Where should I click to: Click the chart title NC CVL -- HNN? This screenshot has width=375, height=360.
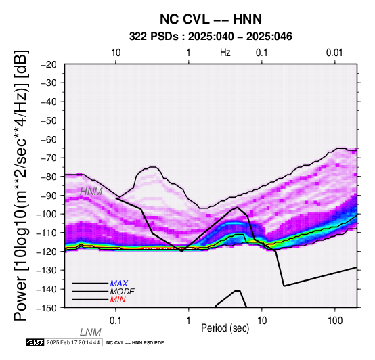coord(211,19)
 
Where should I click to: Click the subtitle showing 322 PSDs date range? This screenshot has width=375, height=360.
coord(211,37)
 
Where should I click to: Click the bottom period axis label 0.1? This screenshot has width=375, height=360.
coord(116,321)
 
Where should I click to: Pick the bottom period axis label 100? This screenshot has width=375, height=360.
coord(335,321)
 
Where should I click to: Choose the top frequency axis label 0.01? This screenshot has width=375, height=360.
coord(334,53)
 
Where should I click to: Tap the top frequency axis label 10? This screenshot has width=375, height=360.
coord(116,53)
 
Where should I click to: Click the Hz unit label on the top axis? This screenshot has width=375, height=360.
coord(225,53)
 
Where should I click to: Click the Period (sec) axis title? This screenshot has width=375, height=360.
coord(225,328)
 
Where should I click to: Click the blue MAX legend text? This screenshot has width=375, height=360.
coord(119,284)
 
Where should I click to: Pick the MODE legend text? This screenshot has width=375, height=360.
coord(123,292)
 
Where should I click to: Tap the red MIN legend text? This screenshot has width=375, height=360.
coord(118,300)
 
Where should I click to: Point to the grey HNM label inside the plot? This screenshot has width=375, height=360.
coord(91,192)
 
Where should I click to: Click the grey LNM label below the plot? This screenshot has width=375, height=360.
coord(91,332)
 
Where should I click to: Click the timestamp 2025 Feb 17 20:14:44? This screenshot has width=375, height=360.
coord(73,342)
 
